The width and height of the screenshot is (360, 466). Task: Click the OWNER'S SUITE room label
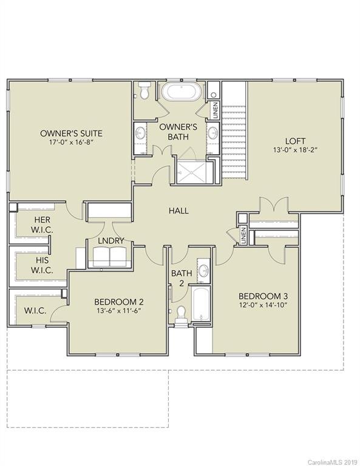[71, 133]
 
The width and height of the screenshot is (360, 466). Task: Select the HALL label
[178, 211]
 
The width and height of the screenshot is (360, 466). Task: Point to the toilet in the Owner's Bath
[143, 91]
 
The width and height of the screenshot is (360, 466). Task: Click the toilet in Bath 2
[180, 314]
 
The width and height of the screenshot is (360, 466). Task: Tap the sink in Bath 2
[203, 271]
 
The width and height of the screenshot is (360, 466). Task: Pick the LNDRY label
[110, 241]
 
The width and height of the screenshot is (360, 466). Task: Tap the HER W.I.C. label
[42, 225]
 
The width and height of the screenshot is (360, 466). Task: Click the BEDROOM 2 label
[118, 302]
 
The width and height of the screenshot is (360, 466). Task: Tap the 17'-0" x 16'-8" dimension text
[71, 143]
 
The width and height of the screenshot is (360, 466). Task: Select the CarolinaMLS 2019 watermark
[333, 461]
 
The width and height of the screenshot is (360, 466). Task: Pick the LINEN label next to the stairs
[215, 111]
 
